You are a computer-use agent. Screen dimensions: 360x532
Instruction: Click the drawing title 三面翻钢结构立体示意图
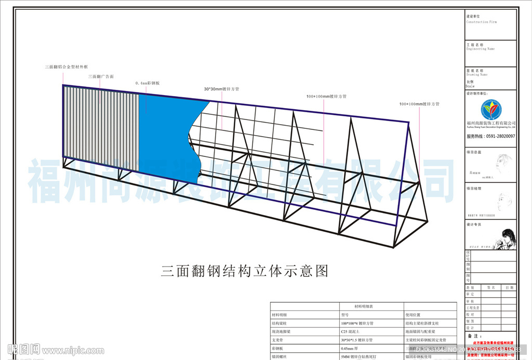tap(245, 271)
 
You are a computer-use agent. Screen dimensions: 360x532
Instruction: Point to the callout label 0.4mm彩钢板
tap(147, 83)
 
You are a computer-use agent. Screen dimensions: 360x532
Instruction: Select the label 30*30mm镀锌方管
tap(221, 89)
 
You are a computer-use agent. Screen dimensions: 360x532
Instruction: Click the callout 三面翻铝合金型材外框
tap(66, 67)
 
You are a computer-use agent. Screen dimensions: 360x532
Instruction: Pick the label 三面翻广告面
tap(101, 76)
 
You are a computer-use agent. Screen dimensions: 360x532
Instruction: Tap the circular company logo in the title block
tap(491, 110)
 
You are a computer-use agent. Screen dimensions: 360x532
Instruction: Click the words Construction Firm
tap(482, 22)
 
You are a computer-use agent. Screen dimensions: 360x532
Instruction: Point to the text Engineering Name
tap(481, 49)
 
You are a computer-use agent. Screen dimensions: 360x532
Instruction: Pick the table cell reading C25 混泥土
tap(351, 331)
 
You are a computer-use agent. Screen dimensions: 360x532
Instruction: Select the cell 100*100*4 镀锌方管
tap(357, 323)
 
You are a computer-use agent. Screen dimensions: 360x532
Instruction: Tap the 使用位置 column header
tap(415, 315)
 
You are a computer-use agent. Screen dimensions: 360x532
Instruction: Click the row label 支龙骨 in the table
tap(278, 340)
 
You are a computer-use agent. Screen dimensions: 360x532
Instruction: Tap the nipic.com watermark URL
tap(72, 351)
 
